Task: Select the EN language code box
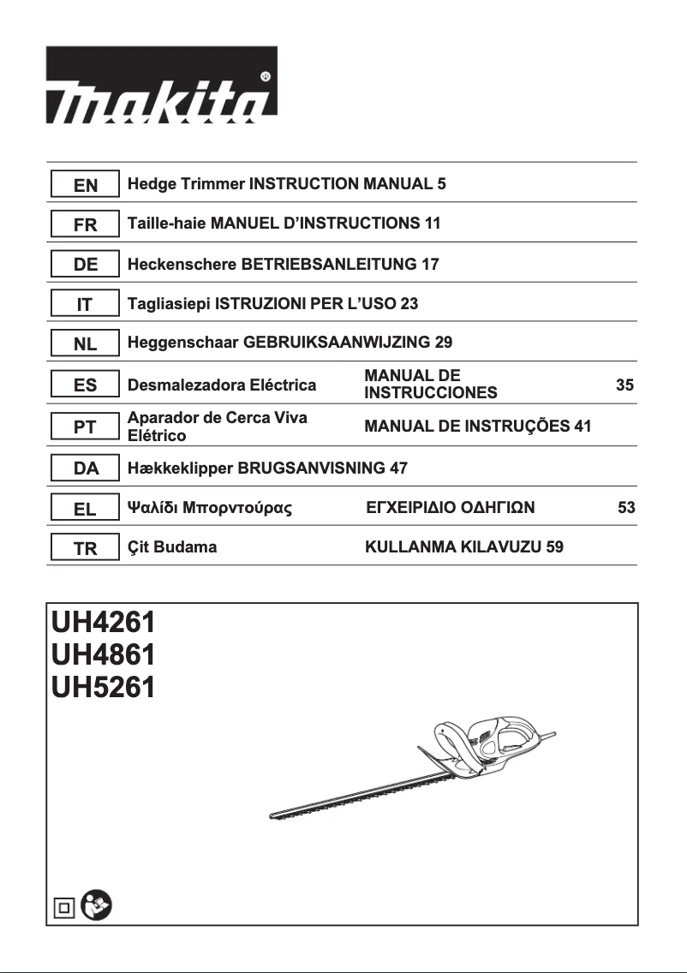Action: point(85,184)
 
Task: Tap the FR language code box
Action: point(85,224)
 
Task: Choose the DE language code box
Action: point(85,265)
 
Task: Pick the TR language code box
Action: point(85,548)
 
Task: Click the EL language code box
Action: point(85,509)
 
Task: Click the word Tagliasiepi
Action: point(167,303)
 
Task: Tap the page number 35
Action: point(624,385)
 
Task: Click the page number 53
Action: point(626,508)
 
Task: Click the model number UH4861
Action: point(103,655)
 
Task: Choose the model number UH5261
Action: point(103,687)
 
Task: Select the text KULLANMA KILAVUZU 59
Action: point(463,548)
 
